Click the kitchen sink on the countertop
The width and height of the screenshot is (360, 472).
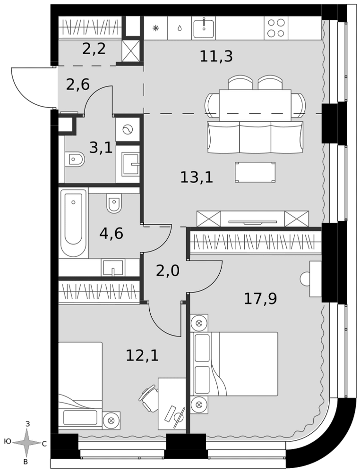pos(204,27)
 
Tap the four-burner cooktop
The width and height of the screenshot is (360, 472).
pos(276,28)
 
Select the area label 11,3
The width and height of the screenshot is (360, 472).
pos(216,57)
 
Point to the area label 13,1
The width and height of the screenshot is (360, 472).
pos(197,177)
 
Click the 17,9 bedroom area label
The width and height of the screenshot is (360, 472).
pos(260,299)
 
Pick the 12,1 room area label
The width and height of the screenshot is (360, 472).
pos(142,355)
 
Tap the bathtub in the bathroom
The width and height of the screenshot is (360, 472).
pos(73,222)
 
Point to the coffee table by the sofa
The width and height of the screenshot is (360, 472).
pos(255,172)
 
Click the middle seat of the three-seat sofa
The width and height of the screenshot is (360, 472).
pos(255,137)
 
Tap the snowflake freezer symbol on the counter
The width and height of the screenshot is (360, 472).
pos(156,28)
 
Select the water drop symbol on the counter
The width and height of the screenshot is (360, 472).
pos(180,28)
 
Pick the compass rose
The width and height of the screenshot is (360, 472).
pos(27,442)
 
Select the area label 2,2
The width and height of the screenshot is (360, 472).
pos(94,49)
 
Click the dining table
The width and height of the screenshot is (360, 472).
pos(255,105)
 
